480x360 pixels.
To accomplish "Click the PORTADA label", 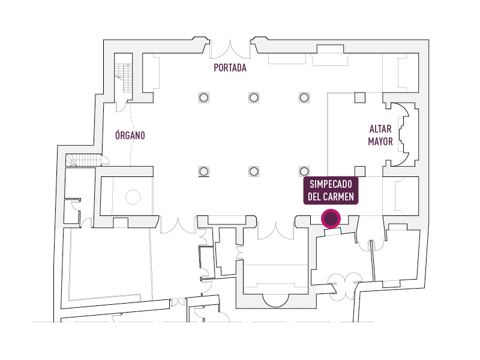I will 230,68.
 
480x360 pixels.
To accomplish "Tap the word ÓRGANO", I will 130,136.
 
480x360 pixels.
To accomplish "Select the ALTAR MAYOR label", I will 380,136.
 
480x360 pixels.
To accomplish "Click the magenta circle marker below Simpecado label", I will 331,219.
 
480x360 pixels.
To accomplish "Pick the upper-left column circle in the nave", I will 203,97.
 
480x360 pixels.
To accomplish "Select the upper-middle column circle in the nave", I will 254,97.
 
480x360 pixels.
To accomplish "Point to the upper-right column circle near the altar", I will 304,97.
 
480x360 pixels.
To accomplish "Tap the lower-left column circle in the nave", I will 203,171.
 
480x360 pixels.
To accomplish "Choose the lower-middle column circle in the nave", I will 254,171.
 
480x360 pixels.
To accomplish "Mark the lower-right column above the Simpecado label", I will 304,171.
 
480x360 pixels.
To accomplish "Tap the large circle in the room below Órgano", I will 132,197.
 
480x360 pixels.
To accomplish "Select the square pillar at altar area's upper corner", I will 360,97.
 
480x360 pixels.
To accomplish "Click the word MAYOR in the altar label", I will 380,142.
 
